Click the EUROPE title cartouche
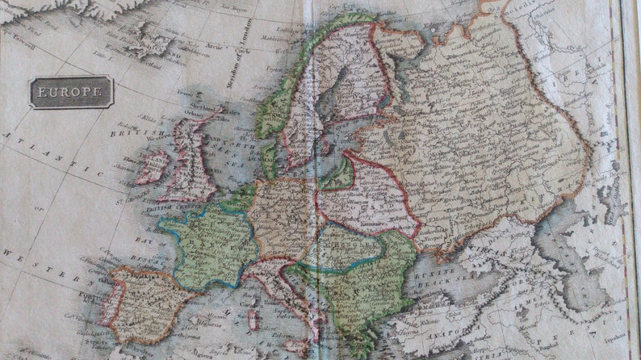72,92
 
